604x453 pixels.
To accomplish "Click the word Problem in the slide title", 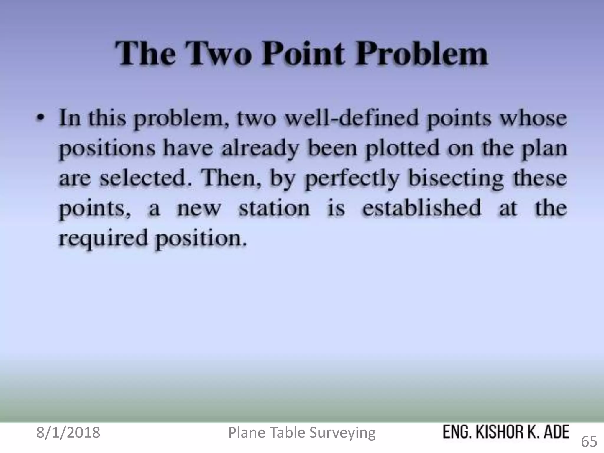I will click(x=421, y=54).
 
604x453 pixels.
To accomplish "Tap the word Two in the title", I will click(x=218, y=54).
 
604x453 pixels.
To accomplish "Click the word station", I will click(x=274, y=209).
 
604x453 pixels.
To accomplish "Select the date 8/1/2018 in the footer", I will click(x=68, y=433).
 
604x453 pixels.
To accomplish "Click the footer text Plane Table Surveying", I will click(x=302, y=433).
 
